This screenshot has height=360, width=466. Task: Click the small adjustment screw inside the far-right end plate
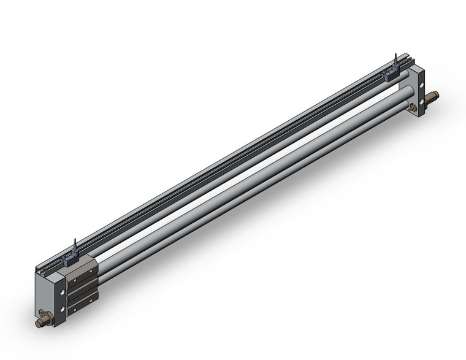coord(411,108)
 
